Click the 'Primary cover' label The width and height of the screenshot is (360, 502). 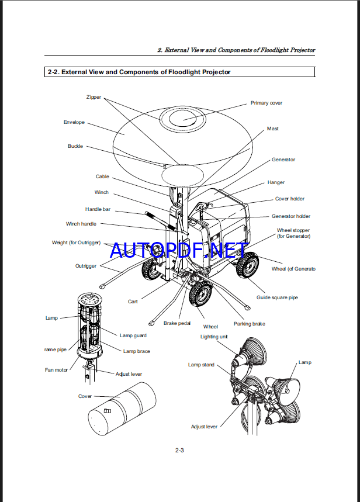click(x=266, y=103)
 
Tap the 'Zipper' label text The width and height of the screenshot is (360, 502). click(x=94, y=97)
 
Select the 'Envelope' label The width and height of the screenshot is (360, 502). click(x=74, y=122)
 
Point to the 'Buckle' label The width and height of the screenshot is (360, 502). click(x=75, y=146)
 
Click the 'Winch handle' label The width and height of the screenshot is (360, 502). click(x=81, y=224)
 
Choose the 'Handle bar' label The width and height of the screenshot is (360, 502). click(x=98, y=209)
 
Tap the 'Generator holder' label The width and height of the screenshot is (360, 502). click(x=291, y=216)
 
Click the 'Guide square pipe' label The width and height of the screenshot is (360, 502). click(x=277, y=297)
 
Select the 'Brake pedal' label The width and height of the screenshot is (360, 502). click(x=178, y=323)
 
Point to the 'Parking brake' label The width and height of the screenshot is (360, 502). click(x=250, y=324)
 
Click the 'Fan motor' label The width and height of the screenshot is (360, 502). click(x=57, y=370)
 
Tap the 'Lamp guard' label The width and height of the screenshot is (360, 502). click(x=133, y=335)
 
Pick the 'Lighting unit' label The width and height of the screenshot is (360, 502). click(x=214, y=337)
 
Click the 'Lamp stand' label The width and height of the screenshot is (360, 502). click(x=201, y=365)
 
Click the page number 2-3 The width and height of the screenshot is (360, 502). click(x=180, y=450)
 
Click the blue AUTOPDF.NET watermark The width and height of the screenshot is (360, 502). click(x=179, y=251)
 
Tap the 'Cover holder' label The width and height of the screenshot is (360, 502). click(x=290, y=199)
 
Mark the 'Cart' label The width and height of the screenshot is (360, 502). click(x=133, y=302)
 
